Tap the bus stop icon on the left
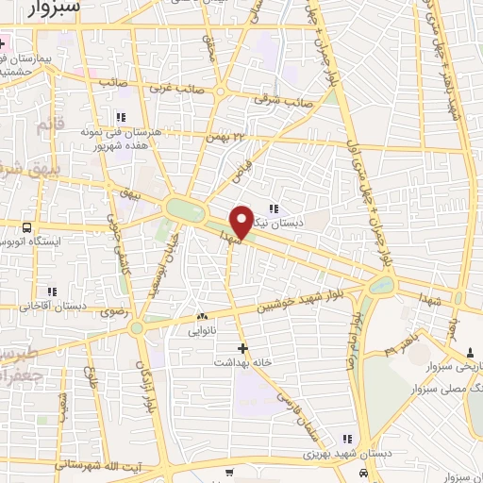25,227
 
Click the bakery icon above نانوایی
201,316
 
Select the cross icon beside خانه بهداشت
243,348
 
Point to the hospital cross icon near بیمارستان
3,44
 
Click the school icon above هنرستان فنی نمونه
119,117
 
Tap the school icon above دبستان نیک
274,209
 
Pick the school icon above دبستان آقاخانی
53,291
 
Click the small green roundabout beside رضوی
139,327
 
